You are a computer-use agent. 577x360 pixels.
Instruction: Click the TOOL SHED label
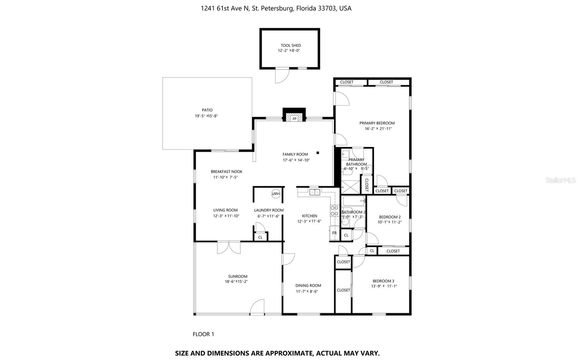[x=291, y=45]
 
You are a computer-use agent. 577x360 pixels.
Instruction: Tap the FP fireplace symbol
[x=294, y=119]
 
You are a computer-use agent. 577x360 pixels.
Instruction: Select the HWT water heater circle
[x=276, y=194]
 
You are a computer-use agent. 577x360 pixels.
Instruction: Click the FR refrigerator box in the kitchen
[x=334, y=233]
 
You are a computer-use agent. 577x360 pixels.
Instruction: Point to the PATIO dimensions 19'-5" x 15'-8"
[x=206, y=116]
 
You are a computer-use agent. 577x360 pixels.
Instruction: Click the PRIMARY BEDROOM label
[x=377, y=123]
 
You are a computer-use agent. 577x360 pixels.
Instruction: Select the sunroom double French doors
[x=229, y=247]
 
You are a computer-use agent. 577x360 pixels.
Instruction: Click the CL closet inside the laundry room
[x=260, y=237]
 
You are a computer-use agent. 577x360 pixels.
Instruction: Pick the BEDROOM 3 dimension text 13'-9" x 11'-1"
[x=384, y=286]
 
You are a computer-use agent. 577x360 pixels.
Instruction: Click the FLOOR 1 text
[x=203, y=334]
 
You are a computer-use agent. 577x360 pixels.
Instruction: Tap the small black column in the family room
[x=318, y=152]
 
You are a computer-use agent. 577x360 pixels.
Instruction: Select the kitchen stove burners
[x=334, y=211]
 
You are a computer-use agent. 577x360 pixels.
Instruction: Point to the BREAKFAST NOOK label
[x=226, y=172]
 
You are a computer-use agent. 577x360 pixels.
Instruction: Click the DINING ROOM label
[x=308, y=285]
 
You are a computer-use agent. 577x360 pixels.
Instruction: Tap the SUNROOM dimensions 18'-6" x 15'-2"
[x=236, y=281]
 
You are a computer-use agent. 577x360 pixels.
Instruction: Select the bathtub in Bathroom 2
[x=354, y=201]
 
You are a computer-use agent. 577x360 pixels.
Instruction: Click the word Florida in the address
[x=307, y=8]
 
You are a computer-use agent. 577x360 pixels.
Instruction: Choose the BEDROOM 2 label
[x=389, y=217]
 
